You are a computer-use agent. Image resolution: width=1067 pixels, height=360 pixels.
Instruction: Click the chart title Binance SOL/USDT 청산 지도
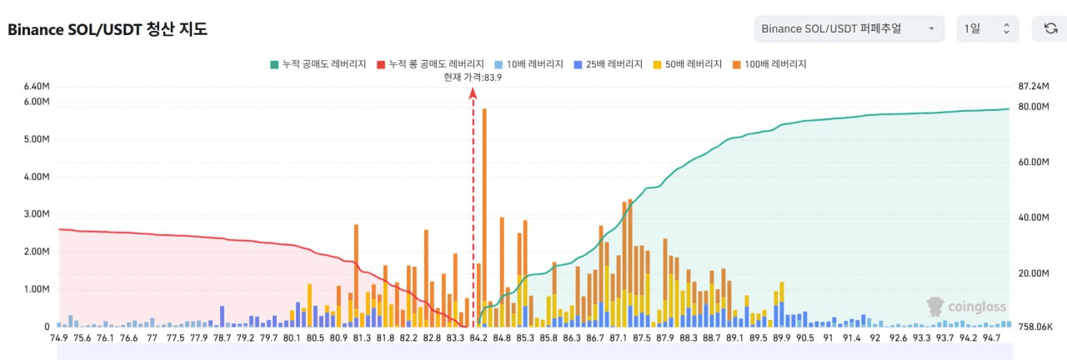tap(108, 29)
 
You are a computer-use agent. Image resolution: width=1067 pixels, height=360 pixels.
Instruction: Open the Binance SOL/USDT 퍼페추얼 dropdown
tap(849, 29)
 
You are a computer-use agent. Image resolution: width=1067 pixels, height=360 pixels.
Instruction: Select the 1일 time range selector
tap(987, 29)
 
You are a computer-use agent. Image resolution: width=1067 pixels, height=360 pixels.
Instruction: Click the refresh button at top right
tap(1050, 29)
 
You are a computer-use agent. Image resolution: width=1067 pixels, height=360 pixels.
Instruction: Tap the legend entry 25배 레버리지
tap(607, 64)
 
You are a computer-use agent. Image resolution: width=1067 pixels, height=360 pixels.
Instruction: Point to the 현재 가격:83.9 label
tap(473, 77)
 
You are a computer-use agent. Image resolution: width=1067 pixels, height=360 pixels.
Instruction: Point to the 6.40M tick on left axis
tap(37, 87)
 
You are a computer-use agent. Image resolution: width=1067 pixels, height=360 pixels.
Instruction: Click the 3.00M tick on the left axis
tap(37, 214)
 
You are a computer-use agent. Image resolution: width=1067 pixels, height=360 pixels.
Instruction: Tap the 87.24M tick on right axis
tap(1034, 87)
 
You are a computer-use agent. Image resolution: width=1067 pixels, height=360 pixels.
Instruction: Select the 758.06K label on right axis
tap(1036, 327)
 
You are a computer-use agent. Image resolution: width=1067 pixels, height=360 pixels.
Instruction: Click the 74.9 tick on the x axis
tap(58, 338)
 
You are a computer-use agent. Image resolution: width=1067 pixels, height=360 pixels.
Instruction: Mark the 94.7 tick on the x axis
tap(991, 338)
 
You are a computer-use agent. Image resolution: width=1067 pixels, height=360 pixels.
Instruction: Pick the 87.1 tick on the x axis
tap(618, 338)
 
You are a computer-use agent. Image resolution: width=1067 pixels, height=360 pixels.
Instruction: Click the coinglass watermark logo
tap(966, 307)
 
